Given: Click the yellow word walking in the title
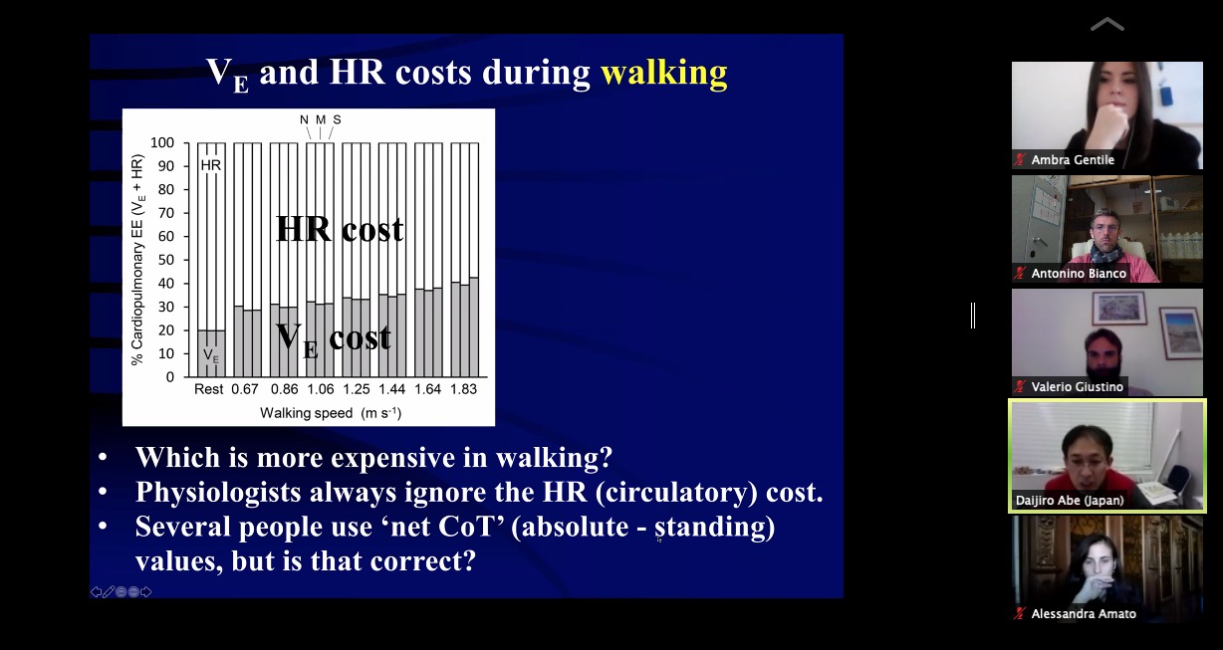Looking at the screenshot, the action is tap(664, 73).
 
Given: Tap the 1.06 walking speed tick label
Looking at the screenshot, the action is tap(321, 389).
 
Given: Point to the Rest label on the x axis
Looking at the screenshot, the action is tap(208, 389).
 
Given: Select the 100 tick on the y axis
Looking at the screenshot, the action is tap(162, 143).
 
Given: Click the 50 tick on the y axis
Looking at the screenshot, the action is tap(166, 260).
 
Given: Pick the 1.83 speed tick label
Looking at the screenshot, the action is tap(463, 389).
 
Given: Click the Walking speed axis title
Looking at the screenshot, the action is tap(331, 413).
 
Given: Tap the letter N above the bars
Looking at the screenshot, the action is tap(304, 119).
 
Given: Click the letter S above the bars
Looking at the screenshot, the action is tap(337, 119).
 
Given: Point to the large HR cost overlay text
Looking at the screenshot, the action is tap(340, 229).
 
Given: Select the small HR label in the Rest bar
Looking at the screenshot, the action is tap(211, 165).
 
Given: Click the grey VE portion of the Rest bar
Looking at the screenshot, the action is tap(211, 353).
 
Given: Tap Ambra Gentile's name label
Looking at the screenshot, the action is tap(1073, 160).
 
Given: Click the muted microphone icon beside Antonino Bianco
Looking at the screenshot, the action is tap(1020, 273).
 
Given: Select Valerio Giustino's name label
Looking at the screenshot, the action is tap(1077, 387).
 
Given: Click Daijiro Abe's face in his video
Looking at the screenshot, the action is tap(1083, 460).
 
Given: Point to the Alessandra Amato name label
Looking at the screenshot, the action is tap(1084, 614).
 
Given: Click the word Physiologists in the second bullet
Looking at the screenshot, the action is tap(218, 493).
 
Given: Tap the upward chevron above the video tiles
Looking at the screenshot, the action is tap(1107, 25).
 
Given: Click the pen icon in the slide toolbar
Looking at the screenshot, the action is tap(109, 591).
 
